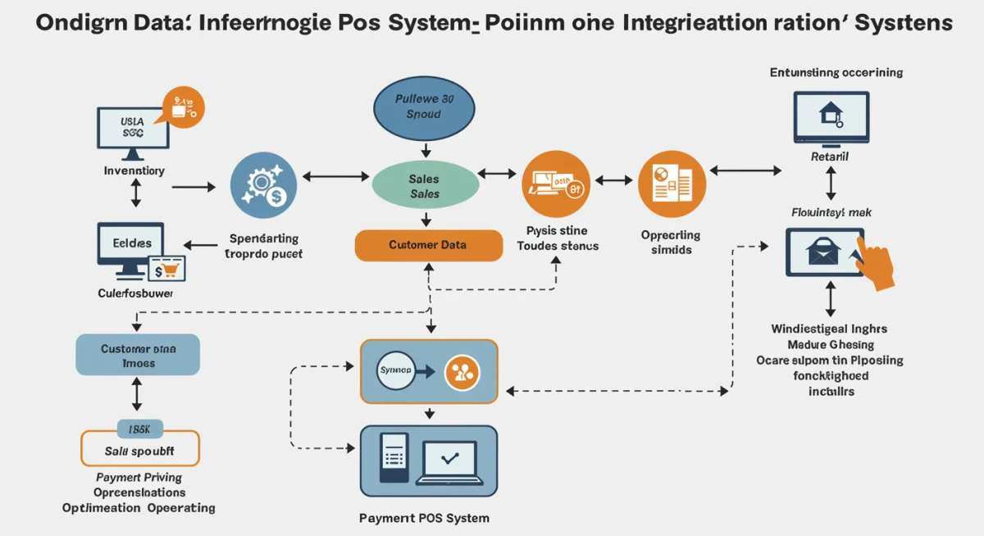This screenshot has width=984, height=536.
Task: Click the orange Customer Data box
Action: [x=428, y=245]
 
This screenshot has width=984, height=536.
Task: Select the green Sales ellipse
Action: [x=424, y=186]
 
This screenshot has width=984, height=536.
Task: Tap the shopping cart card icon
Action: [x=166, y=268]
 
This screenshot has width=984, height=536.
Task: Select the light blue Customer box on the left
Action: [x=137, y=355]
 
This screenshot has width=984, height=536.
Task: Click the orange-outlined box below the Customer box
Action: [x=139, y=447]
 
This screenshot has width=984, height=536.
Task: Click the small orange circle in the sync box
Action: [x=461, y=372]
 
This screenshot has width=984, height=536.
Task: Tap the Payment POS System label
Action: [x=424, y=518]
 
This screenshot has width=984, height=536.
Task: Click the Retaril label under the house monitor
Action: [x=830, y=156]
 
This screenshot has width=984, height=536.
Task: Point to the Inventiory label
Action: [x=134, y=170]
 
